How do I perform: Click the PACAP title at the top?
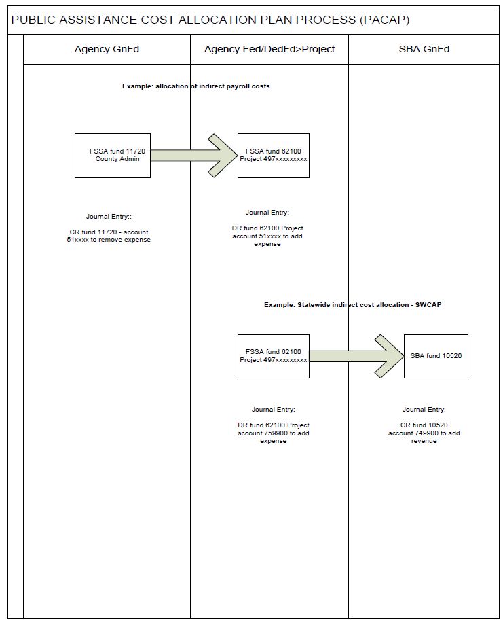tap(210, 20)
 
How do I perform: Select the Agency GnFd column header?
tap(107, 49)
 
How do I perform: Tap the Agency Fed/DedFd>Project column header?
tap(269, 49)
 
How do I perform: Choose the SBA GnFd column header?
tap(424, 49)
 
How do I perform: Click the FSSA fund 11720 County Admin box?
tap(113, 156)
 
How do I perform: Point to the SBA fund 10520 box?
tap(436, 356)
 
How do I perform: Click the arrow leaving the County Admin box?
tap(194, 156)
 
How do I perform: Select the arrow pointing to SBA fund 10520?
tap(356, 356)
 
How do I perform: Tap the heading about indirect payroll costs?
tap(196, 86)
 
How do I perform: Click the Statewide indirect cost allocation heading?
tap(353, 305)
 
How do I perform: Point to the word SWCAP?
tap(428, 305)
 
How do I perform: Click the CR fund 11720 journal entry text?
tap(109, 236)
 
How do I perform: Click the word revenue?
tap(424, 441)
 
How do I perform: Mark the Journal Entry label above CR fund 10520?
tap(424, 410)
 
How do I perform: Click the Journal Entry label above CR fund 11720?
tap(109, 217)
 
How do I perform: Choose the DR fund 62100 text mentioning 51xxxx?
tap(267, 236)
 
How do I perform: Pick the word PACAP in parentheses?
tap(385, 20)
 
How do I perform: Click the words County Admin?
tap(117, 159)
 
